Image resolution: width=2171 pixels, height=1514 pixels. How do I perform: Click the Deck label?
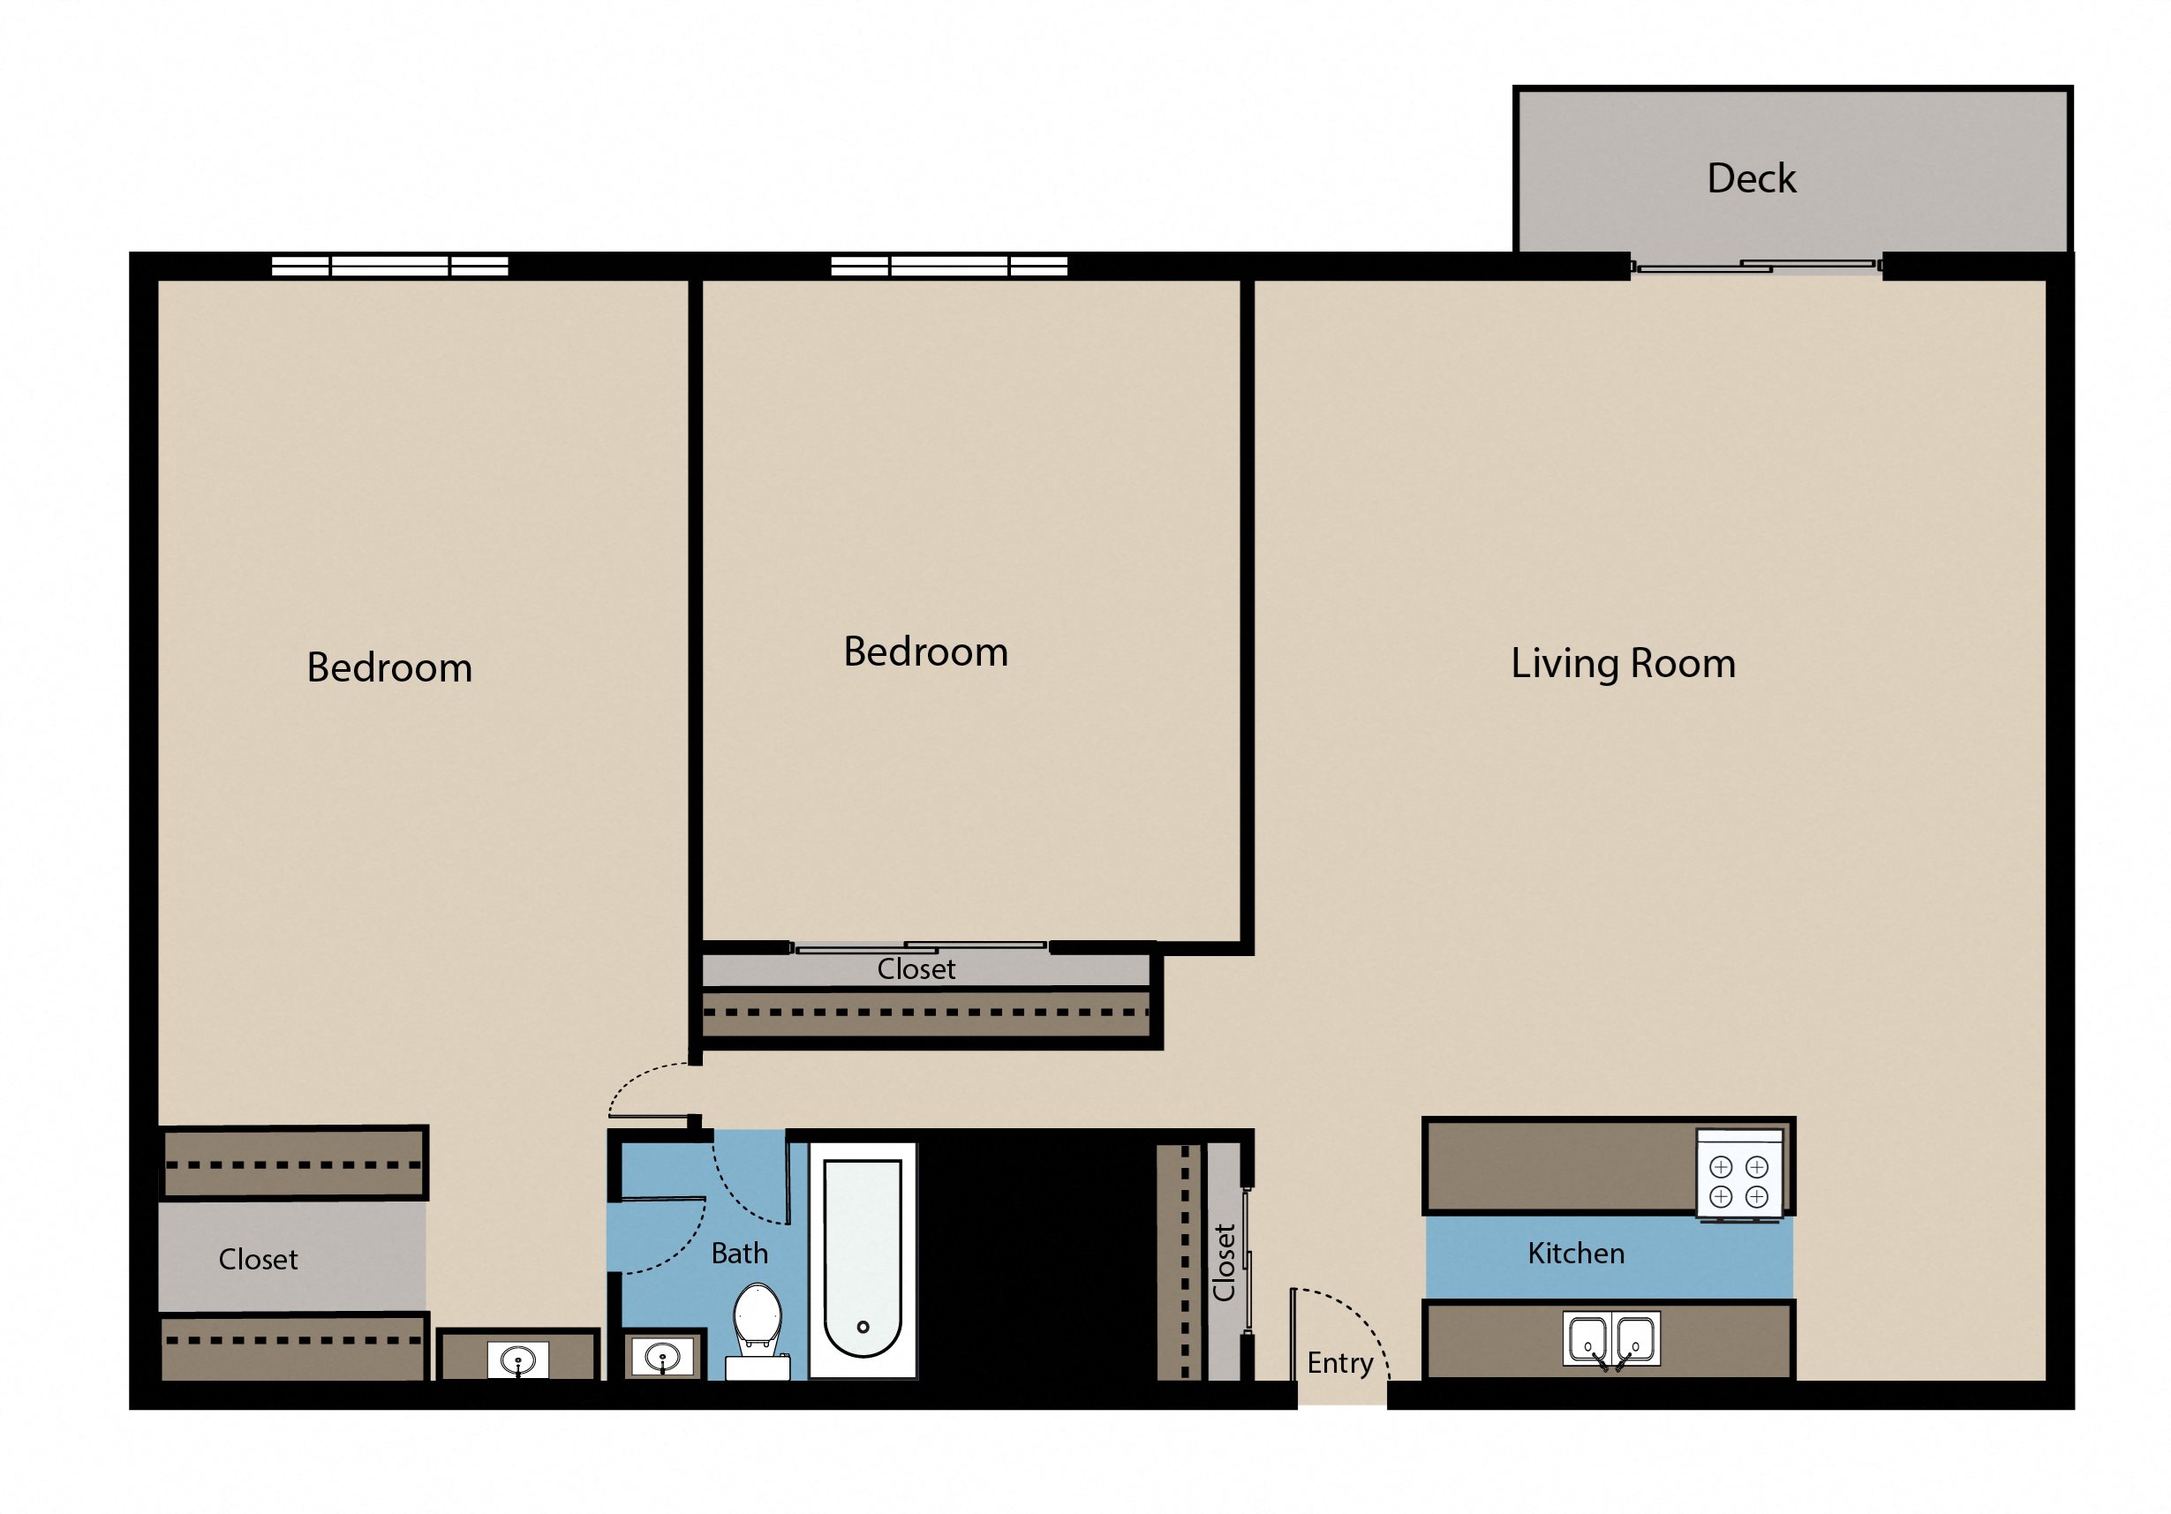1751,178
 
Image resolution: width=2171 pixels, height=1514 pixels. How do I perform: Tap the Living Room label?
1623,664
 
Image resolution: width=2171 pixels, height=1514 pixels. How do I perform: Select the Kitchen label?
1575,1254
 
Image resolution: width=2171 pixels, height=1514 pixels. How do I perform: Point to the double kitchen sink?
1610,1339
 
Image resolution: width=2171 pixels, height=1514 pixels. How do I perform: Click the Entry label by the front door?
1339,1364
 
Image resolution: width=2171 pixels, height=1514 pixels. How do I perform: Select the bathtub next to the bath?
863,1258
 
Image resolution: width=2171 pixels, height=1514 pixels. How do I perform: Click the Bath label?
740,1254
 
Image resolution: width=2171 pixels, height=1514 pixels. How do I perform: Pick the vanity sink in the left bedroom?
517,1360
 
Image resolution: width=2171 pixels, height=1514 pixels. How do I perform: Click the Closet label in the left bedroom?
258,1260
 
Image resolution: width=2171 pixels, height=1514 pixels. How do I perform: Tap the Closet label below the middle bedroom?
916,969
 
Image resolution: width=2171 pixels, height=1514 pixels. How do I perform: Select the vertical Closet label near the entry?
1225,1262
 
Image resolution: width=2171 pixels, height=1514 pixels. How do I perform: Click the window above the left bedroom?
389,266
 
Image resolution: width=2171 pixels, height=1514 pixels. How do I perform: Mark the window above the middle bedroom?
948,266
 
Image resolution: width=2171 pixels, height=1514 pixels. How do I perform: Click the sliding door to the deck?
1757,267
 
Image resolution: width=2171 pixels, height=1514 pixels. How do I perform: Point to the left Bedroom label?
388,667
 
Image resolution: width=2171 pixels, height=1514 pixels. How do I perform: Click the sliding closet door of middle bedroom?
921,946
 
